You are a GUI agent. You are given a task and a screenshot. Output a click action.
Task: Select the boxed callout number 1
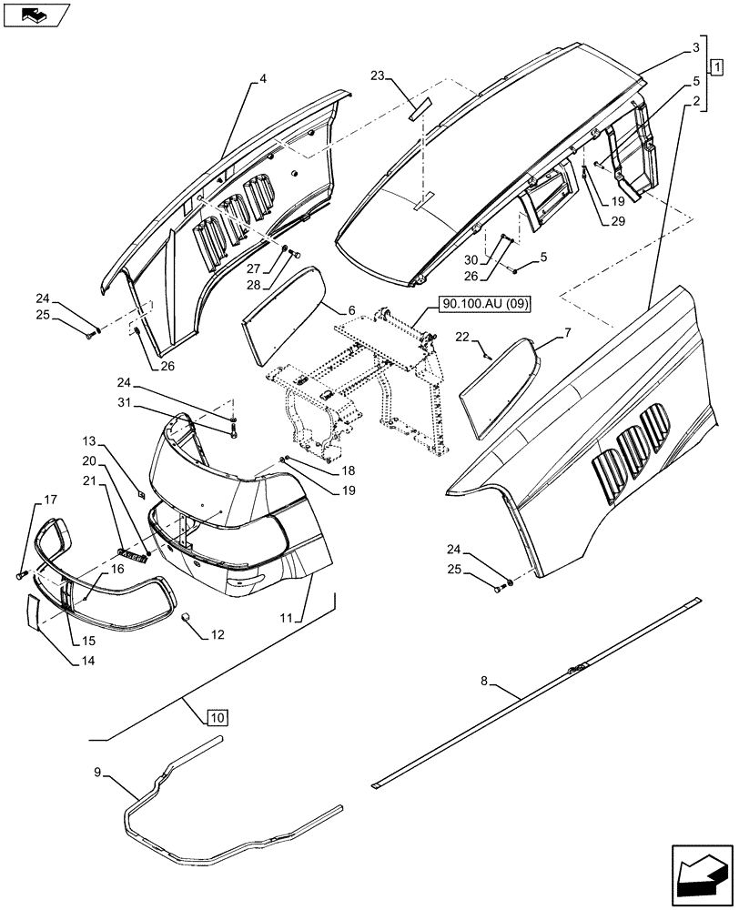point(717,66)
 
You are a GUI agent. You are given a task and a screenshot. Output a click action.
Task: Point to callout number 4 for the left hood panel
point(263,79)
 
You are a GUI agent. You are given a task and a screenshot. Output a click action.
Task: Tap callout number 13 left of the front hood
point(90,440)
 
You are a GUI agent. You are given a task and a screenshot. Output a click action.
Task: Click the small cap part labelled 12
point(187,620)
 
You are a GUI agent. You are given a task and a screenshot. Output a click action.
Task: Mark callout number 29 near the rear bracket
point(619,222)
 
